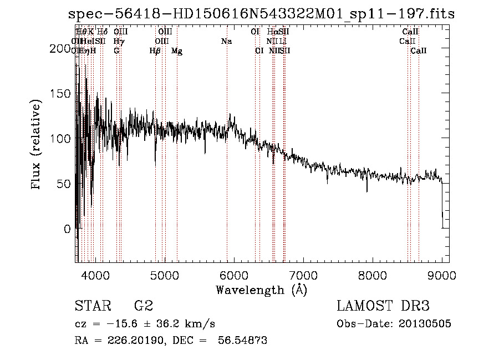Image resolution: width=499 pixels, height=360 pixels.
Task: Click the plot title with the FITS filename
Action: tap(261, 14)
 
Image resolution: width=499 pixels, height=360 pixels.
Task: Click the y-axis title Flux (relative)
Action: tap(37, 145)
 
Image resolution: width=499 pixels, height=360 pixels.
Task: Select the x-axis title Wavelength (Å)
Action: tap(261, 290)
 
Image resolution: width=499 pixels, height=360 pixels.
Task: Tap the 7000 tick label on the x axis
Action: tap(303, 275)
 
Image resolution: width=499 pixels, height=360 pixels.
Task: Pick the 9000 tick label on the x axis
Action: tap(442, 275)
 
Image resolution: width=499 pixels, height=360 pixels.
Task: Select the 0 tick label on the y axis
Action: tap(68, 229)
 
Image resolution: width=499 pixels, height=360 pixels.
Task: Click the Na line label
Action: tap(226, 42)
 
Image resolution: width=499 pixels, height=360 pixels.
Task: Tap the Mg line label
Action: tap(177, 51)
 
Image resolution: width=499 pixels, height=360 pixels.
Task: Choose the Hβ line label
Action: tap(155, 51)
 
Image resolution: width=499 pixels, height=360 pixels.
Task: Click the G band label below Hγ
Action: tap(116, 50)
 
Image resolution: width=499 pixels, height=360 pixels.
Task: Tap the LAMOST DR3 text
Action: tap(383, 306)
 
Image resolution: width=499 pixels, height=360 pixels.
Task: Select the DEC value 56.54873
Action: tap(243, 341)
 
